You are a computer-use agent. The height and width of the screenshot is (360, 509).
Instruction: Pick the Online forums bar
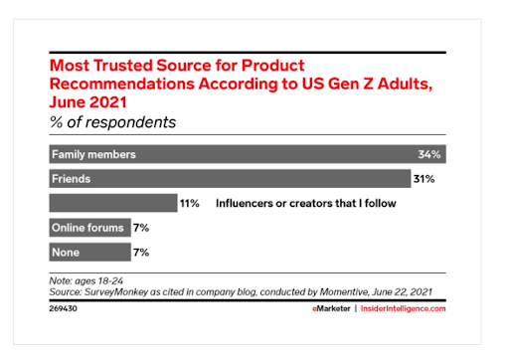point(88,228)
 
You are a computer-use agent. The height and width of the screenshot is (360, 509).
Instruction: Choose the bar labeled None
point(88,252)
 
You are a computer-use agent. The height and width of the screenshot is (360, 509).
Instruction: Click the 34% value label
point(429,154)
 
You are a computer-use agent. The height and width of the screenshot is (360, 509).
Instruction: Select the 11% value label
point(190,203)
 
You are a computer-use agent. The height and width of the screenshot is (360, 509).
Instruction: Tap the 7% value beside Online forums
point(140,228)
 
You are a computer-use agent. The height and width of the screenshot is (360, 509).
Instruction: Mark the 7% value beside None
point(140,252)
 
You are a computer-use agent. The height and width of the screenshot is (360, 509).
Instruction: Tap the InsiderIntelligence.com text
point(411,309)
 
